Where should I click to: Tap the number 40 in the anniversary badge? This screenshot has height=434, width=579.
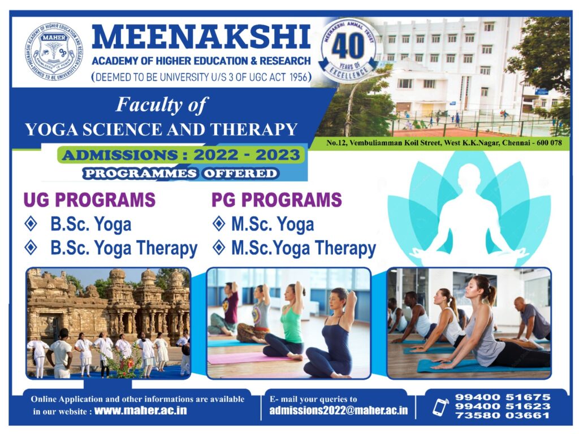pos(348,47)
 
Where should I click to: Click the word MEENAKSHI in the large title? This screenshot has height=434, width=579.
pos(201,37)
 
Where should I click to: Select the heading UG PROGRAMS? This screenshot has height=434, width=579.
pos(89,199)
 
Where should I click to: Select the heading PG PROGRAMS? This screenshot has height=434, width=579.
pos(276,199)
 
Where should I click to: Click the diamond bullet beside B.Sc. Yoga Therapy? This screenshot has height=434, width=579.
pos(31,248)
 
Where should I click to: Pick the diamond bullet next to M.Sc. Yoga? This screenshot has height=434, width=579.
pos(219,224)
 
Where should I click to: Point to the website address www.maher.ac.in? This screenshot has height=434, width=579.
pos(141,411)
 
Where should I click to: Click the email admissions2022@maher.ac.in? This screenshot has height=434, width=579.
pos(339,411)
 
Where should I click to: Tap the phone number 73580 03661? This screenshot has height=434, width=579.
pos(503,415)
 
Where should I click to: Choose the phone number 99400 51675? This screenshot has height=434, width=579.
pos(503,397)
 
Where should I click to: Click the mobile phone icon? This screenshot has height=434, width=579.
pos(440,407)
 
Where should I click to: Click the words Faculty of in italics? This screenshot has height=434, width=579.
pos(162,105)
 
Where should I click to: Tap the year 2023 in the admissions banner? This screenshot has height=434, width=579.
pos(277,155)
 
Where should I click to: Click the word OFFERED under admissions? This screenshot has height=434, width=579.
pos(240,173)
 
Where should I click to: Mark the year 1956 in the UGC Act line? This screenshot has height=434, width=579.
pos(299,77)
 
